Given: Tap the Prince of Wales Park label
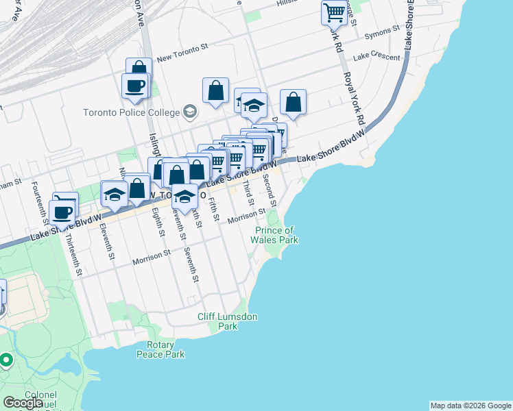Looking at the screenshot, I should tap(275, 235).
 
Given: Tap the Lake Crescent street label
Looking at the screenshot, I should tap(377, 58).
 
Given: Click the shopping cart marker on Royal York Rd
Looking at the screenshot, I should tap(334, 12).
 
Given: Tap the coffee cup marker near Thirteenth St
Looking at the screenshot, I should tap(63, 212).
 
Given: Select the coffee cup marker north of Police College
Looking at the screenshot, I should tap(134, 86).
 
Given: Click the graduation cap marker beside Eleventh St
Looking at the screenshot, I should tap(114, 193).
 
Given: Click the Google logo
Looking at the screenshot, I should tap(23, 403).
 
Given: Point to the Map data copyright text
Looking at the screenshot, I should tap(470, 406).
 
